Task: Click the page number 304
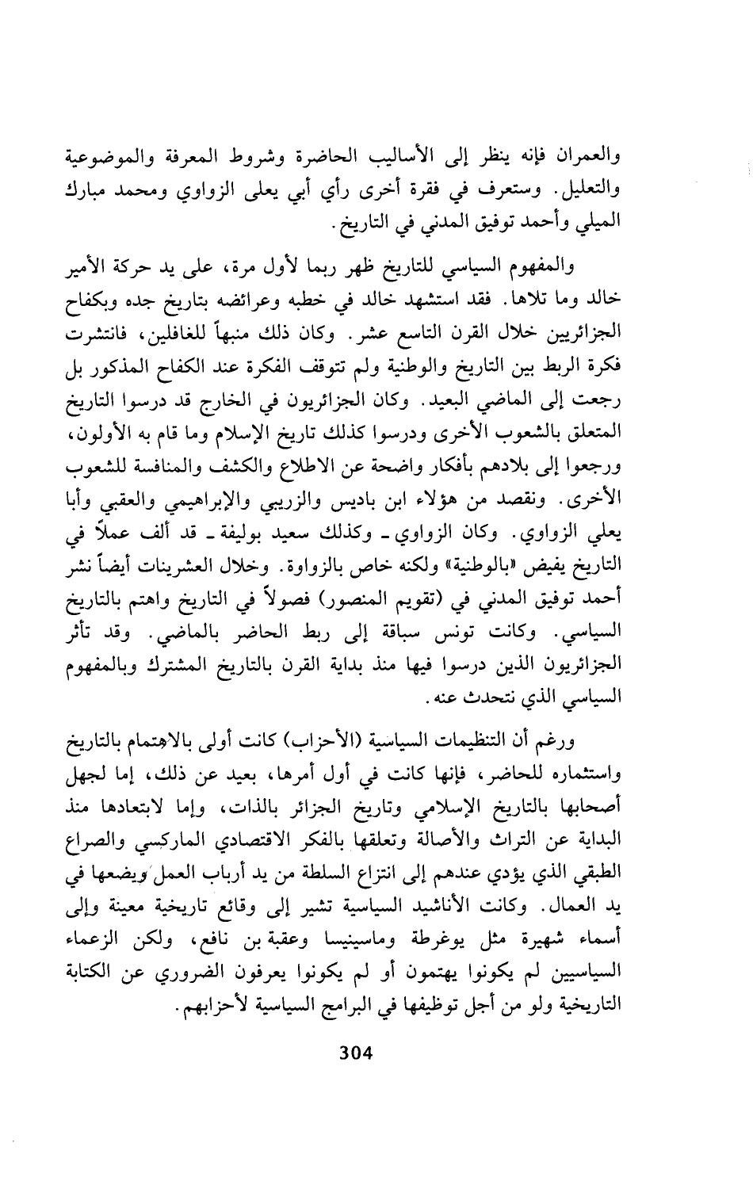click(355, 1053)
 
